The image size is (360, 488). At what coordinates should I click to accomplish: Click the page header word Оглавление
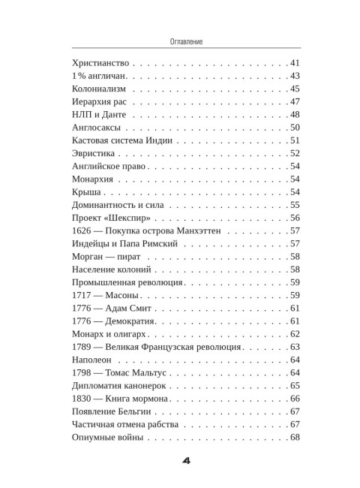[x=180, y=43]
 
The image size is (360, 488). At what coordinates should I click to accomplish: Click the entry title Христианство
[x=99, y=62]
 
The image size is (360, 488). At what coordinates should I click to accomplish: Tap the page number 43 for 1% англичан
[x=294, y=77]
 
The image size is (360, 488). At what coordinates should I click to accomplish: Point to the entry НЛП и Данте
[x=94, y=115]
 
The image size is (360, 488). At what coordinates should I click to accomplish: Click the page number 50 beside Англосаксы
[x=294, y=128]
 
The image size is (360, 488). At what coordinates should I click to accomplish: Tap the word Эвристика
[x=91, y=153]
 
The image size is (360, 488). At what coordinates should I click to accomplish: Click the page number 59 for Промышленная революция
[x=294, y=282]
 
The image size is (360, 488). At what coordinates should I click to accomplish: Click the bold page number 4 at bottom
[x=180, y=460]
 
